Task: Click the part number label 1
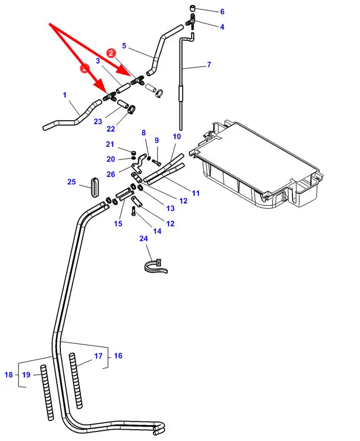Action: pyautogui.click(x=64, y=95)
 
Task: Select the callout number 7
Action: pyautogui.click(x=209, y=65)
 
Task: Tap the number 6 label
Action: pyautogui.click(x=222, y=12)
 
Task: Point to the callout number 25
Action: pyautogui.click(x=72, y=182)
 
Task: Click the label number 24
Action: pyautogui.click(x=143, y=238)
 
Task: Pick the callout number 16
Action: pyautogui.click(x=118, y=356)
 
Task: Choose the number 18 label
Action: pyautogui.click(x=9, y=375)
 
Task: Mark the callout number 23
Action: pyautogui.click(x=98, y=121)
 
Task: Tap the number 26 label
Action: pyautogui.click(x=111, y=174)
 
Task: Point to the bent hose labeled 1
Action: pyautogui.click(x=77, y=115)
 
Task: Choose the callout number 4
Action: pyautogui.click(x=222, y=27)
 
